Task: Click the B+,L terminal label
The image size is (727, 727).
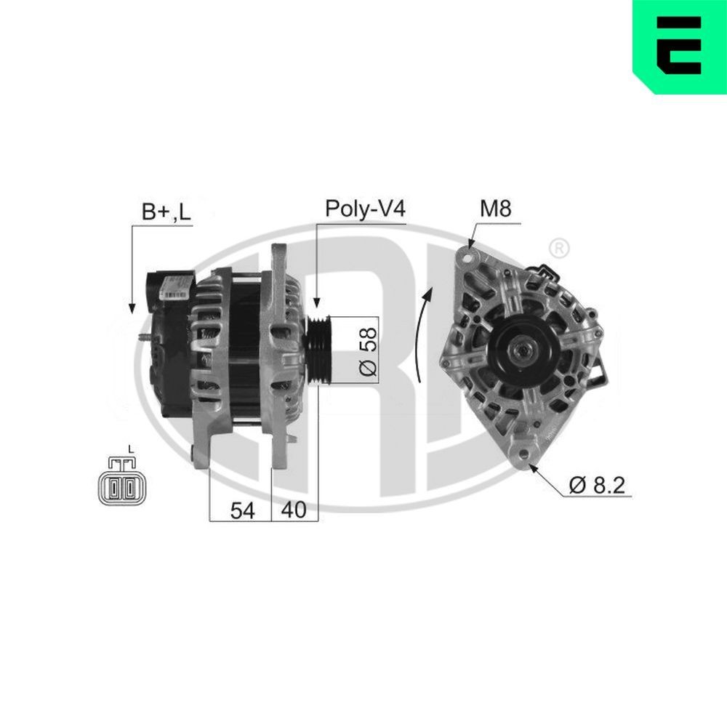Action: pyautogui.click(x=166, y=212)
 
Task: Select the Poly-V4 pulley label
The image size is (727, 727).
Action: pyautogui.click(x=363, y=209)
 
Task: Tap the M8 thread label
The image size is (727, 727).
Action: pyautogui.click(x=496, y=209)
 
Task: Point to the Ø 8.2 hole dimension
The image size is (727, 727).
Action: pyautogui.click(x=597, y=485)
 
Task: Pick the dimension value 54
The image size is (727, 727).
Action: pyautogui.click(x=242, y=511)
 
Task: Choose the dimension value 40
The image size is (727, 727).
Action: pyautogui.click(x=294, y=511)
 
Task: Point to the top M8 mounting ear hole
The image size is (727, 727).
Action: pyautogui.click(x=465, y=256)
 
